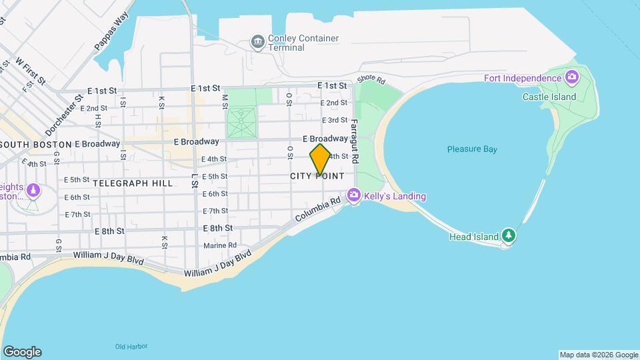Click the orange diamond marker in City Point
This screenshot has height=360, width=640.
(320, 160)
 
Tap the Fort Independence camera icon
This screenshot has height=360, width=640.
(571, 79)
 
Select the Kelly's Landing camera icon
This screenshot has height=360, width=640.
(353, 196)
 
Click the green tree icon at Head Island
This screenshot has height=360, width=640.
(509, 235)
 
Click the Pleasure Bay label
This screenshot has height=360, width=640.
(472, 149)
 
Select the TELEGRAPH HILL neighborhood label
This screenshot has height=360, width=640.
(133, 183)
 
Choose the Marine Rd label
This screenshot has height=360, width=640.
(220, 245)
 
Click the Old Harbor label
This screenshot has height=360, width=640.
(131, 346)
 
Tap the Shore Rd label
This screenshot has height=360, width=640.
(371, 79)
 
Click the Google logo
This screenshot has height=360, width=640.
(22, 352)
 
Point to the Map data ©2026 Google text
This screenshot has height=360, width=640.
(599, 355)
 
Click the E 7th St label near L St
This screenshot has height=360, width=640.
(215, 211)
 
